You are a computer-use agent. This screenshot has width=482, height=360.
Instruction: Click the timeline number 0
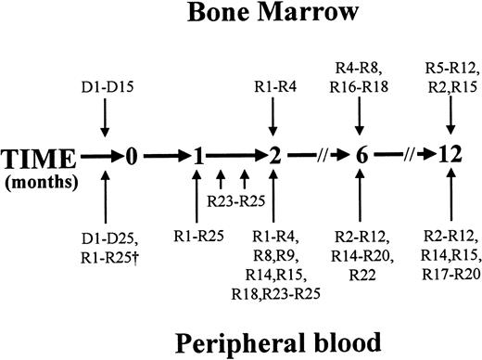coord(132,156)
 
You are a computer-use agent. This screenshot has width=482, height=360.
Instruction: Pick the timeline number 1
coord(197,156)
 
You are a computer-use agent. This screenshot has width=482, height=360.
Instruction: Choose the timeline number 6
coord(361,156)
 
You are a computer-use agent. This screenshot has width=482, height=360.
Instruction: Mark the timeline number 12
coord(451,156)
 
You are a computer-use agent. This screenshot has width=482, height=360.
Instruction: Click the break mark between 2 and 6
coord(318,156)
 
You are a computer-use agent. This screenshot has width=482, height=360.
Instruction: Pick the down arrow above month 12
coord(450,117)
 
